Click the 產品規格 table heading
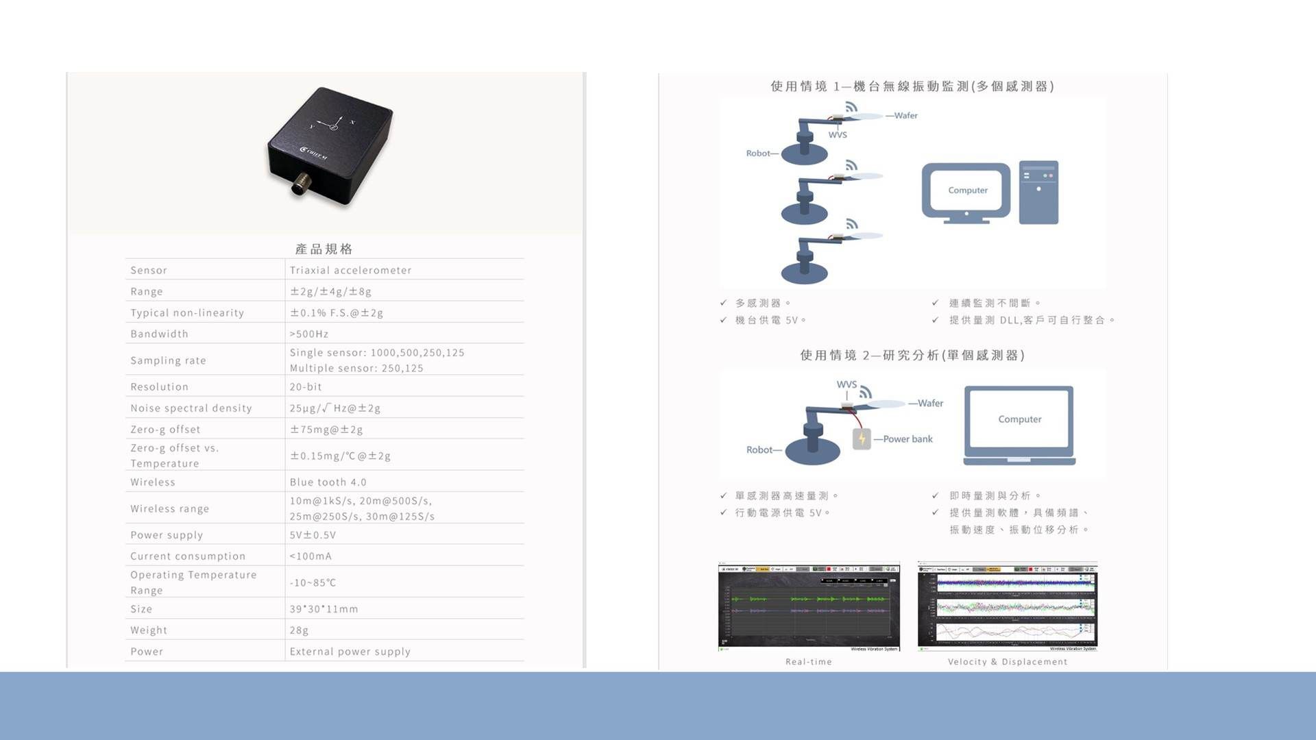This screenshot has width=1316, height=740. (x=324, y=249)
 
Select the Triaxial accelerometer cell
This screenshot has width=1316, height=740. (x=350, y=270)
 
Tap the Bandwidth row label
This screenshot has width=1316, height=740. (x=159, y=334)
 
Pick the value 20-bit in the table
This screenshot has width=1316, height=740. (x=306, y=386)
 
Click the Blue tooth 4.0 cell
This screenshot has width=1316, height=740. (x=328, y=482)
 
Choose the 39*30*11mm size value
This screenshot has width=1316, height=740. (x=324, y=608)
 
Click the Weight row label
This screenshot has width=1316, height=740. (x=149, y=630)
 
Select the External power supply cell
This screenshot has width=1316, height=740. (x=350, y=651)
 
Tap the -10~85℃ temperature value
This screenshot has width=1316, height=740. (x=313, y=582)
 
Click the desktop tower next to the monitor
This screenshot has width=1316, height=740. (x=1038, y=193)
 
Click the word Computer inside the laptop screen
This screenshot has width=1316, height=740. (x=1019, y=419)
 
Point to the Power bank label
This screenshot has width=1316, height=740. (x=907, y=439)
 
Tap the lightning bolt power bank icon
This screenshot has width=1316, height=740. (x=862, y=439)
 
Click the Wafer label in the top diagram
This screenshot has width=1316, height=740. (x=905, y=115)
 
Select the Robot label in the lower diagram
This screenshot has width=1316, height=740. (x=759, y=449)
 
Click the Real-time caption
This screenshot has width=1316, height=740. (x=808, y=661)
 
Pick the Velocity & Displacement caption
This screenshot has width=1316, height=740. (x=1007, y=661)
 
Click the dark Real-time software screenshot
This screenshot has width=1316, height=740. (x=809, y=606)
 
